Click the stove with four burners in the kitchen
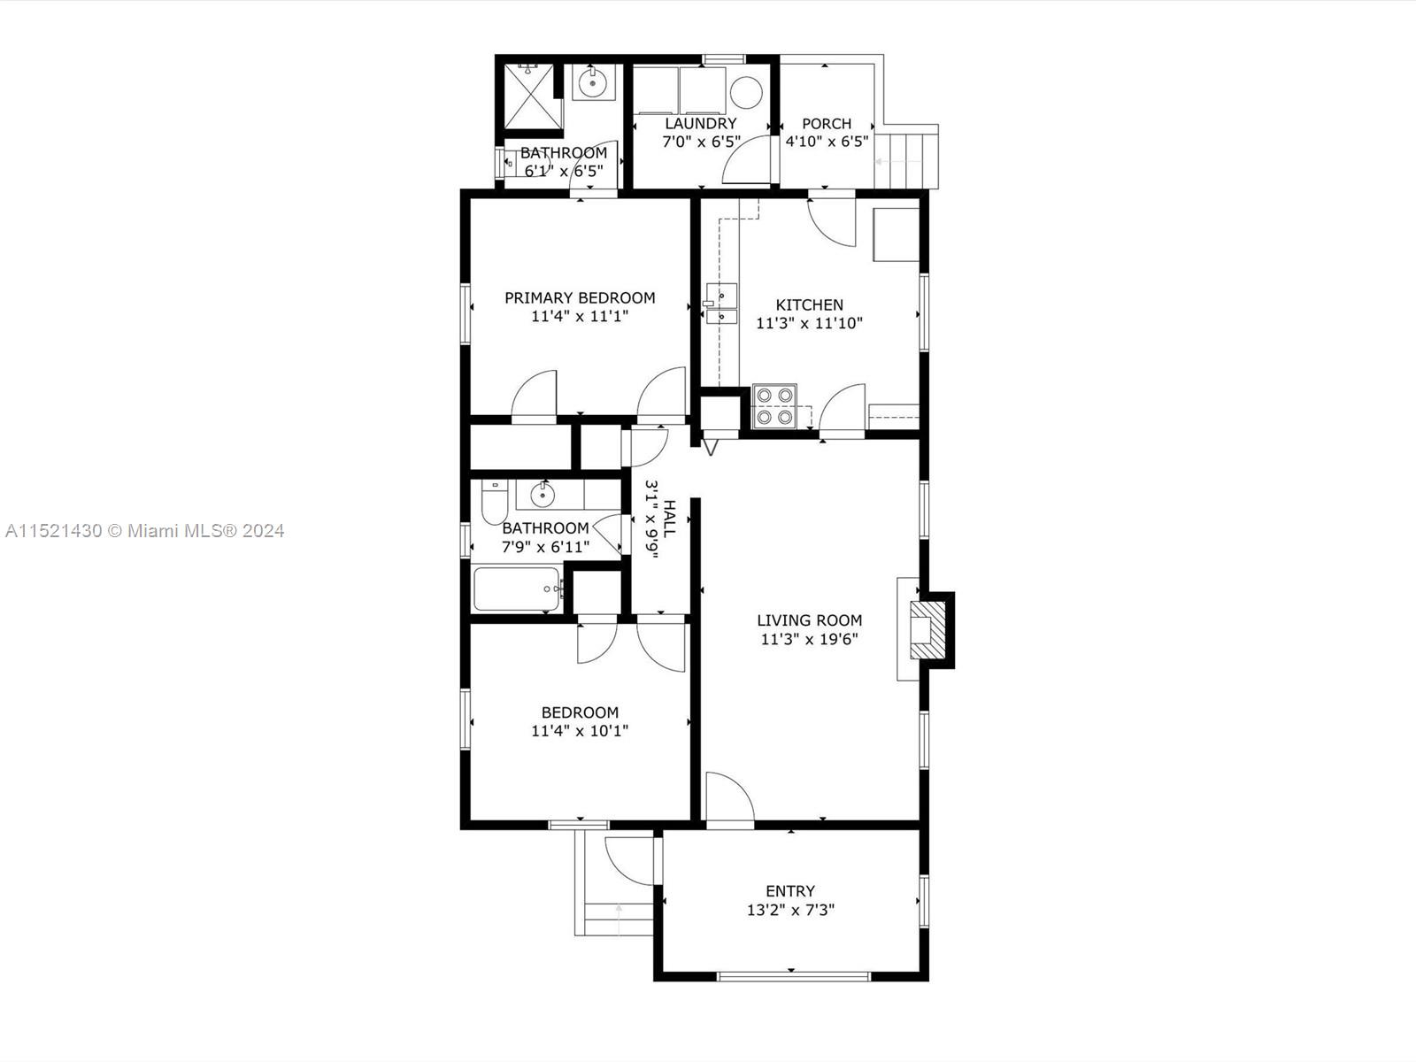774,406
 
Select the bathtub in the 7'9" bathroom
518,589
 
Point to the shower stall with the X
528,97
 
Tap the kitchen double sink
721,304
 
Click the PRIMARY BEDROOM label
580,298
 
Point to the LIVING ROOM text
809,620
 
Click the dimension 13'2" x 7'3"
790,910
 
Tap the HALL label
669,518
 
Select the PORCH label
827,124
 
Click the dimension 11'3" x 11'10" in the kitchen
809,324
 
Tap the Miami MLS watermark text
144,531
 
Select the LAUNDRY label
700,124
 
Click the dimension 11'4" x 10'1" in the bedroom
580,731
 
